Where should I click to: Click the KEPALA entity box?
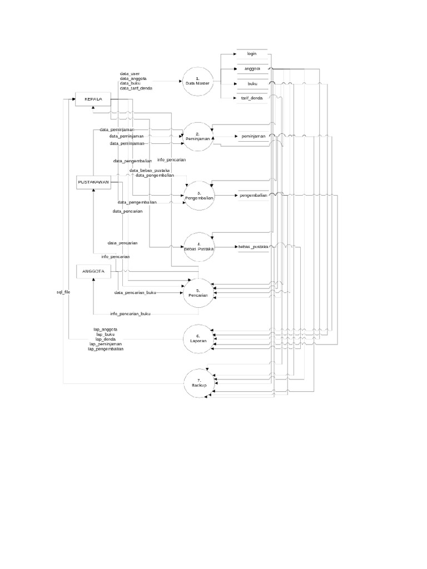click(92, 99)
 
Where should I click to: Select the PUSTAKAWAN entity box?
click(92, 182)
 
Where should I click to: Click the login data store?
click(252, 54)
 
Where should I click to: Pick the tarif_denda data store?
click(252, 98)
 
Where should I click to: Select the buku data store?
click(252, 83)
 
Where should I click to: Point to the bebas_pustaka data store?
click(252, 246)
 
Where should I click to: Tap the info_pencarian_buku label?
click(130, 313)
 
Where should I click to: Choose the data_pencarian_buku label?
click(135, 292)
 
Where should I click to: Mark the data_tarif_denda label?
click(136, 88)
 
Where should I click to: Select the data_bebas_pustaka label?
click(150, 170)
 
